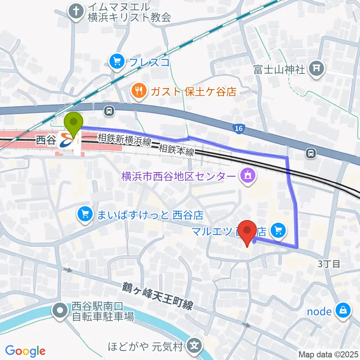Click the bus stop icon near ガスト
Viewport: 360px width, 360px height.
pos(109,111)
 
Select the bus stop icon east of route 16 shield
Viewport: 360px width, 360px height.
pos(310,153)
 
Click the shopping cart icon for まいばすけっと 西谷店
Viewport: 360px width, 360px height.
pos(85,215)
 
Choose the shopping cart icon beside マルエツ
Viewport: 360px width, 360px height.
pos(279,230)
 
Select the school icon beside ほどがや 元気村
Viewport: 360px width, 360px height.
pos(195,344)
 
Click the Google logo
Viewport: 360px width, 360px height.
pos(25,351)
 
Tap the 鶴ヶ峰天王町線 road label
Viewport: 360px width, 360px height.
pos(157,295)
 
